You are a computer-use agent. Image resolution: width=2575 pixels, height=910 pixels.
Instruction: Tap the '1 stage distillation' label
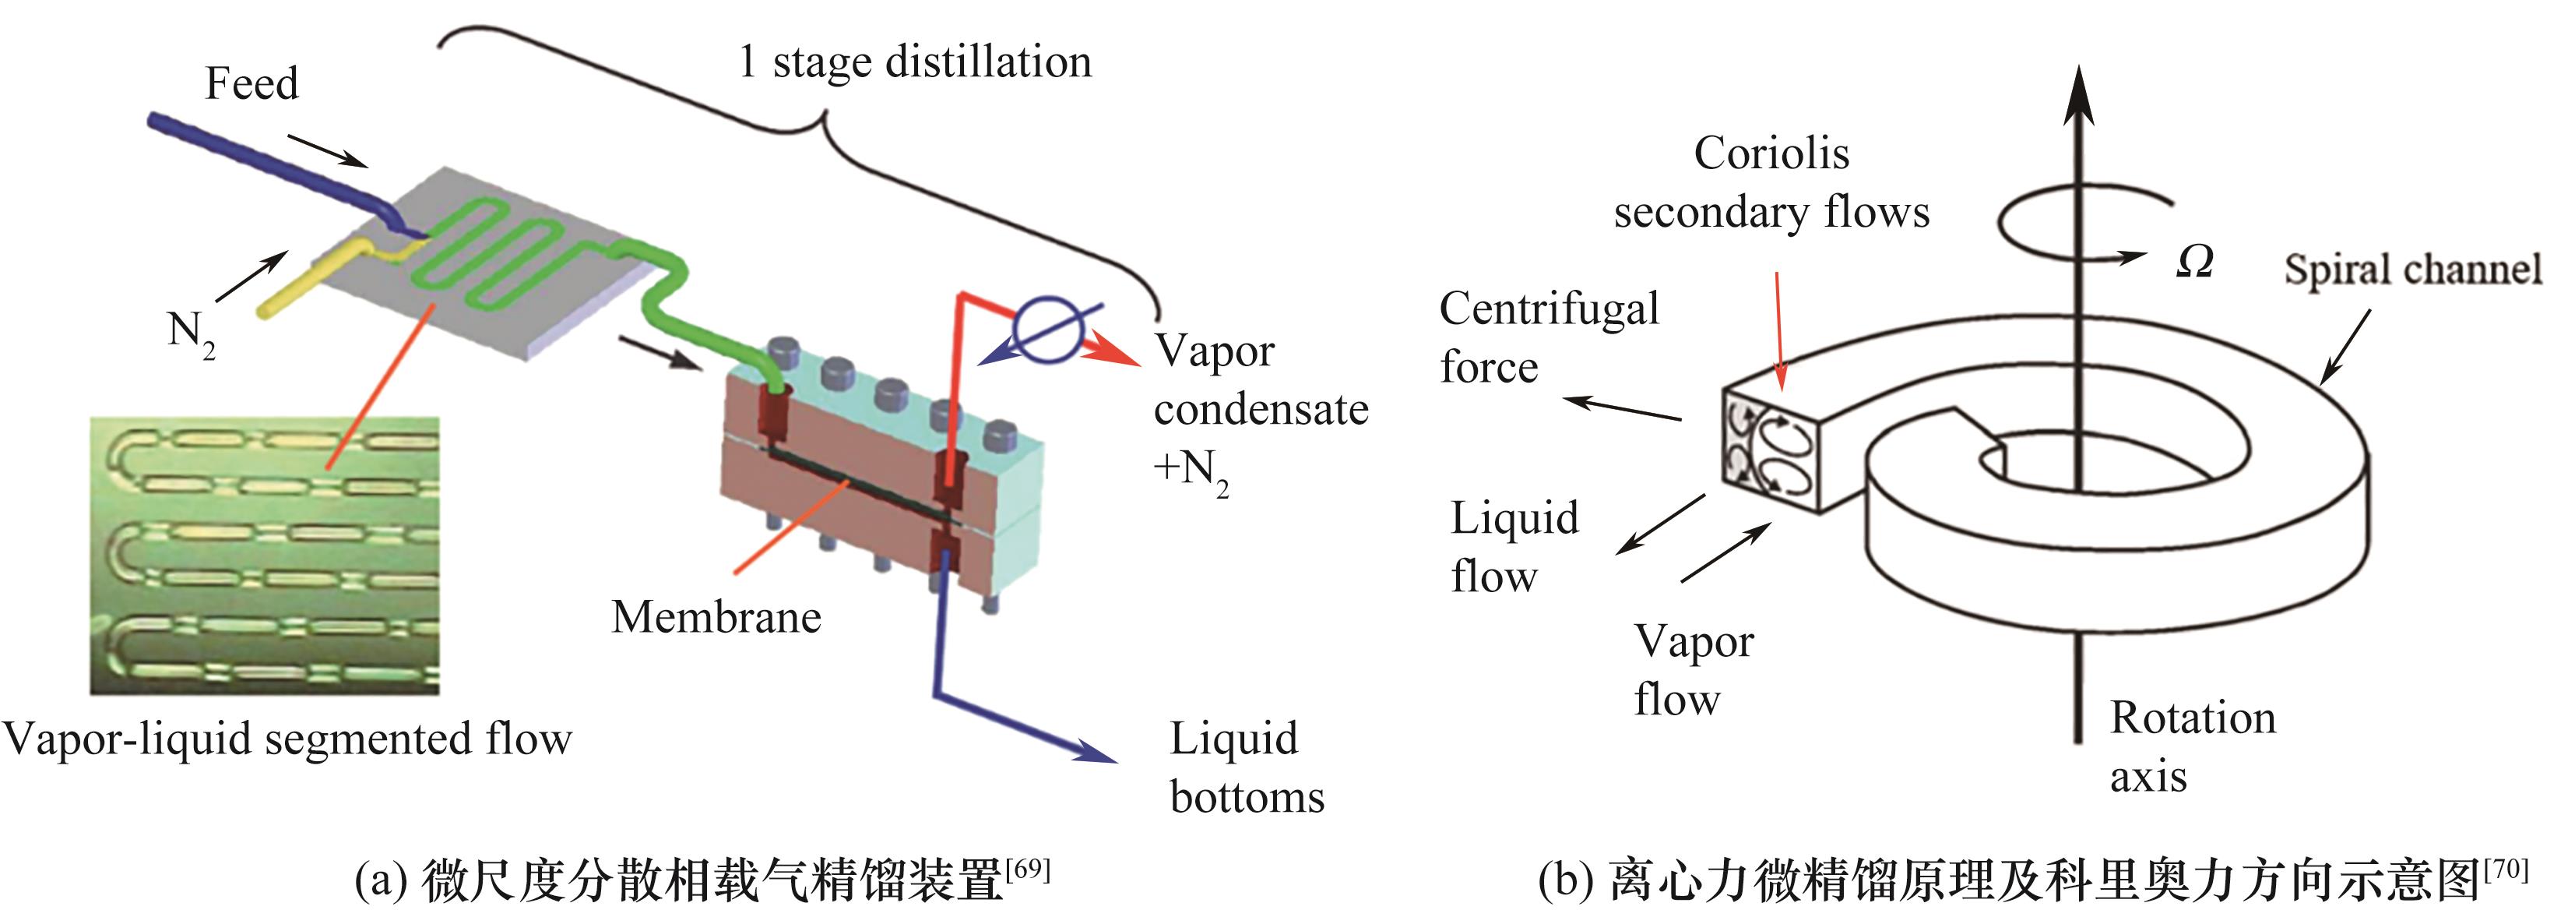point(915,62)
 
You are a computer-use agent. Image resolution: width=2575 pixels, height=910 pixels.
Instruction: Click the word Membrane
point(716,617)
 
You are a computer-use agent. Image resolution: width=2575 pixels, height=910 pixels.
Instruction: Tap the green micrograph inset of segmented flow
point(265,555)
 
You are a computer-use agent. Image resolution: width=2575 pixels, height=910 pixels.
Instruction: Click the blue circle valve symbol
point(1046,327)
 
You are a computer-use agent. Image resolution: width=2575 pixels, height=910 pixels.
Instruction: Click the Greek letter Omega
point(2194,262)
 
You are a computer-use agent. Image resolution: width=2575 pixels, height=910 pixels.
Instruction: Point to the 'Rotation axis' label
point(2192,747)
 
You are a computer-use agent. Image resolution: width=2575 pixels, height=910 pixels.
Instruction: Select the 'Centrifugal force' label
point(1549,338)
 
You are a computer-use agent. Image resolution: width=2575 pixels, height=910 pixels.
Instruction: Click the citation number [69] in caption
point(1028,867)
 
